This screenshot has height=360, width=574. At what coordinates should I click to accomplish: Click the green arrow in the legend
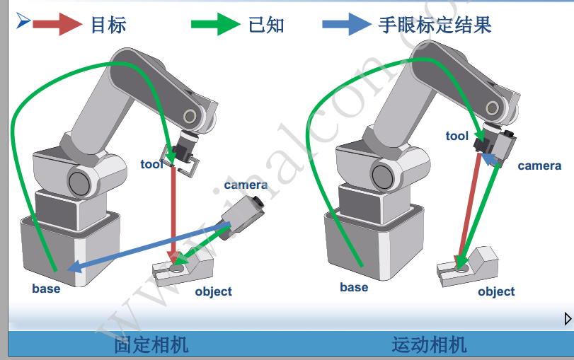[x=216, y=24]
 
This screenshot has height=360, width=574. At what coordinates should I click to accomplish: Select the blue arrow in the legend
[x=347, y=24]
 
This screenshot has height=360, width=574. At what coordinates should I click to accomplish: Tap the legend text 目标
[x=108, y=25]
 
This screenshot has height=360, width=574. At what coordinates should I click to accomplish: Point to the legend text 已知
[x=267, y=25]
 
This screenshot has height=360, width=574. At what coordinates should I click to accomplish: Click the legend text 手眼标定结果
[x=435, y=25]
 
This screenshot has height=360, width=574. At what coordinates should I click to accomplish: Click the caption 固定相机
[x=151, y=345]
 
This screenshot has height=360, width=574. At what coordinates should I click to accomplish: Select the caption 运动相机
[x=429, y=345]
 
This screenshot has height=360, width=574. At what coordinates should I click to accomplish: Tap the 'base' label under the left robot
[x=46, y=289]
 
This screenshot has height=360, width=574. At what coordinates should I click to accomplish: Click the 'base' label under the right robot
[x=354, y=287]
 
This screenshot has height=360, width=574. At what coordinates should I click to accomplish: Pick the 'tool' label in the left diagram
[x=151, y=165]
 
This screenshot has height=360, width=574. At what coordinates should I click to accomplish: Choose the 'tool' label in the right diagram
[x=457, y=136]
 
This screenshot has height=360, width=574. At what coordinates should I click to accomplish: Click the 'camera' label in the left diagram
[x=246, y=185]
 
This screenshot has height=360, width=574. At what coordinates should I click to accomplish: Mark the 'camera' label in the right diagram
[x=539, y=166]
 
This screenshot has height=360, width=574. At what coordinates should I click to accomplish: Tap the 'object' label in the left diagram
[x=213, y=291]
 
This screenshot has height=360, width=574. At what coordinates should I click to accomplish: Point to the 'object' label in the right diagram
[x=496, y=291]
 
